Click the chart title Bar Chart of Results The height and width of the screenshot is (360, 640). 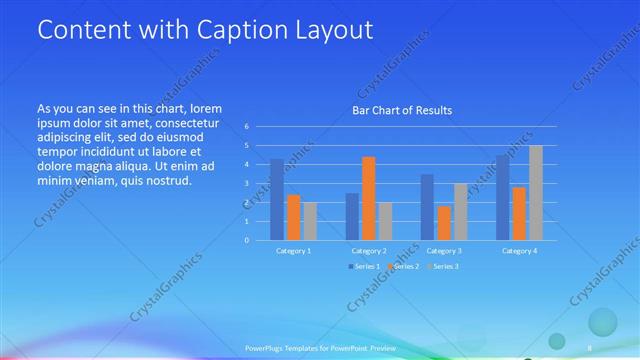(x=401, y=110)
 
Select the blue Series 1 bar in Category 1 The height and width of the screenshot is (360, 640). (x=277, y=199)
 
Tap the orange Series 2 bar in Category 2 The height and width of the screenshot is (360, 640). (x=368, y=198)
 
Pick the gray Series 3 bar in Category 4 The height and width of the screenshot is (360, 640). (x=536, y=193)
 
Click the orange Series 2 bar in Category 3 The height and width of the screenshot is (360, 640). (x=444, y=223)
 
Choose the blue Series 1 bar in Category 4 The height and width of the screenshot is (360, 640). (x=503, y=197)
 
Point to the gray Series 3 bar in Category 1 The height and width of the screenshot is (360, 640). (x=309, y=221)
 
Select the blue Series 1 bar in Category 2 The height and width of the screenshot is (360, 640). (x=352, y=216)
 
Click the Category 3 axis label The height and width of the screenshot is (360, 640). (x=444, y=251)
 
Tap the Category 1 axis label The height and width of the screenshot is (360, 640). (x=293, y=251)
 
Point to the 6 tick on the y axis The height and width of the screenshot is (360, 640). (x=246, y=127)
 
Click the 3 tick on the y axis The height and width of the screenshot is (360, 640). (x=246, y=183)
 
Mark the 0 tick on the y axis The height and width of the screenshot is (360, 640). (x=246, y=240)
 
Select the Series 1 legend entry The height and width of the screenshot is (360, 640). (x=364, y=266)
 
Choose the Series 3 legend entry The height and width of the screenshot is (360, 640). (x=444, y=266)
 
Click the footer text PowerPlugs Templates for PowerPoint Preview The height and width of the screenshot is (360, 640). (x=320, y=347)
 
